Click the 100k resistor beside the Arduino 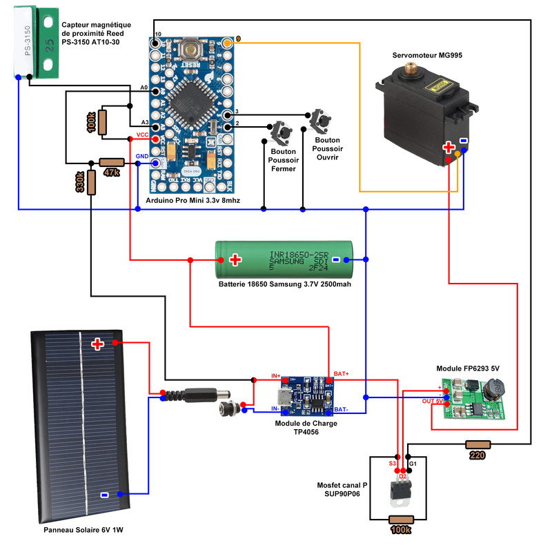103,122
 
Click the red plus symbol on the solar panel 98,343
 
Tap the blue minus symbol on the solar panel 103,494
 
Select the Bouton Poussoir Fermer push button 282,130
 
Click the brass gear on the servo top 414,68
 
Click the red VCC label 143,134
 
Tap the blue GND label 143,157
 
